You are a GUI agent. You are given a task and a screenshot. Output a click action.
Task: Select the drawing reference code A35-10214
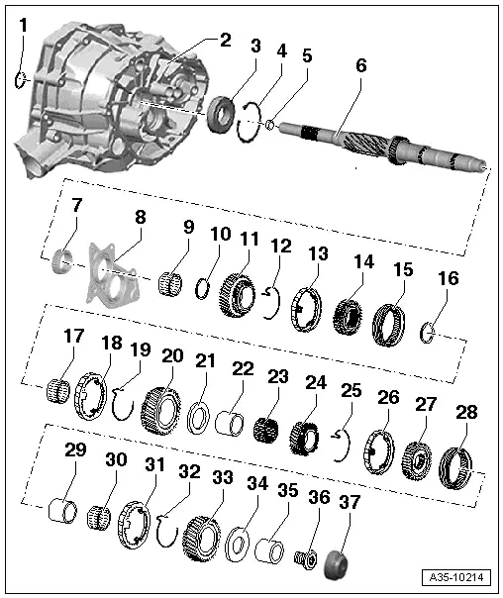pyautogui.click(x=461, y=577)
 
